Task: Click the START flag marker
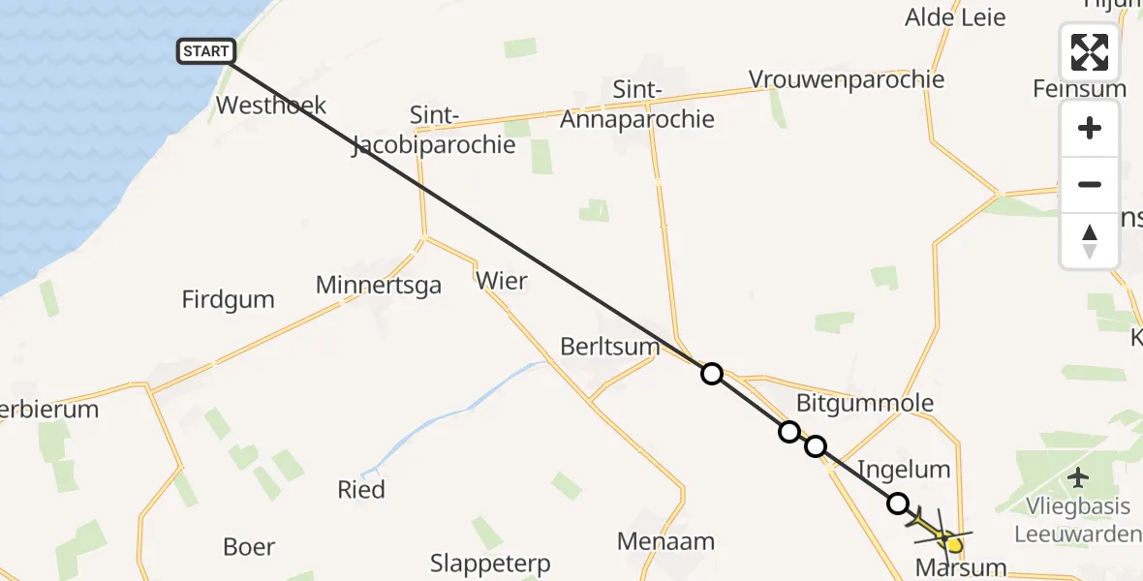point(205,51)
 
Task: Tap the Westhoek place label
point(271,105)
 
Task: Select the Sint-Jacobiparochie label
point(434,131)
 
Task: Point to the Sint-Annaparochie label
point(637,105)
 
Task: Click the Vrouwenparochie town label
point(847,79)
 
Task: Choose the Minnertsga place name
point(379,285)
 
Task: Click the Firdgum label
point(228,299)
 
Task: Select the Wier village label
point(502,282)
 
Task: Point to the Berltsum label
point(610,346)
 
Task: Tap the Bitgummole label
point(864,403)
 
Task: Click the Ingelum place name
point(904,470)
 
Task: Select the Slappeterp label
point(490,563)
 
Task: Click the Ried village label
point(361,490)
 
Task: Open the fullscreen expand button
point(1090,52)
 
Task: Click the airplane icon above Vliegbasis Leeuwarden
point(1077,477)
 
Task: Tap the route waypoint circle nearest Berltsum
point(712,374)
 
